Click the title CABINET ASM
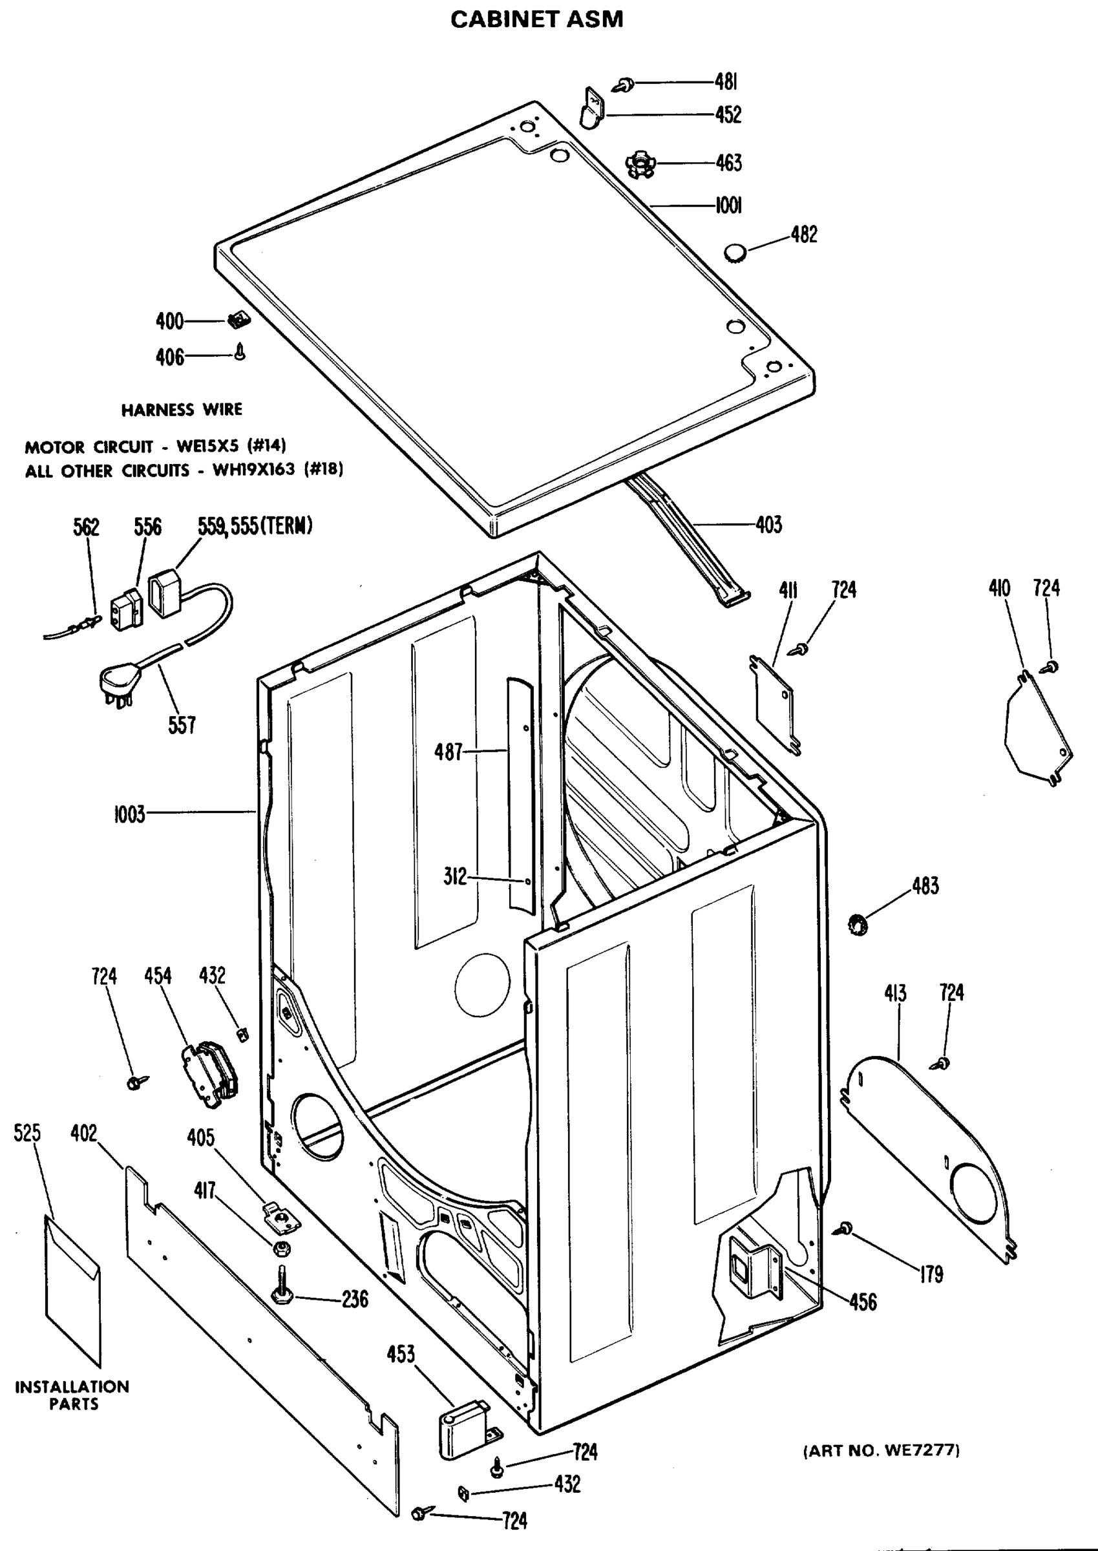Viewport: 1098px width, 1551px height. pyautogui.click(x=536, y=19)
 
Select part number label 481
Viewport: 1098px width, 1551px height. pyautogui.click(x=726, y=82)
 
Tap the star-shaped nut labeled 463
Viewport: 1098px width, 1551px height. pyautogui.click(x=640, y=164)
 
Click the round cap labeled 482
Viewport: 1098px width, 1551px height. pyautogui.click(x=735, y=253)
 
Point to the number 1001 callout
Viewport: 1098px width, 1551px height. pyautogui.click(x=728, y=205)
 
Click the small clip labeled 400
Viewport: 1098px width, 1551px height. pyautogui.click(x=236, y=321)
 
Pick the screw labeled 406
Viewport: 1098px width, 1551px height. pyautogui.click(x=240, y=352)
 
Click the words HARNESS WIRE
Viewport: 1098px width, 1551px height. pyautogui.click(x=181, y=409)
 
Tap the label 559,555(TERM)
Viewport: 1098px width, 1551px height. pyautogui.click(x=255, y=525)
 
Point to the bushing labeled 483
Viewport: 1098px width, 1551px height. pyautogui.click(x=858, y=923)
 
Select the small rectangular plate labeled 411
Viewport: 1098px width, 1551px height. pyautogui.click(x=774, y=704)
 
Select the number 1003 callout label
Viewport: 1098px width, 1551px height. pyautogui.click(x=129, y=814)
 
